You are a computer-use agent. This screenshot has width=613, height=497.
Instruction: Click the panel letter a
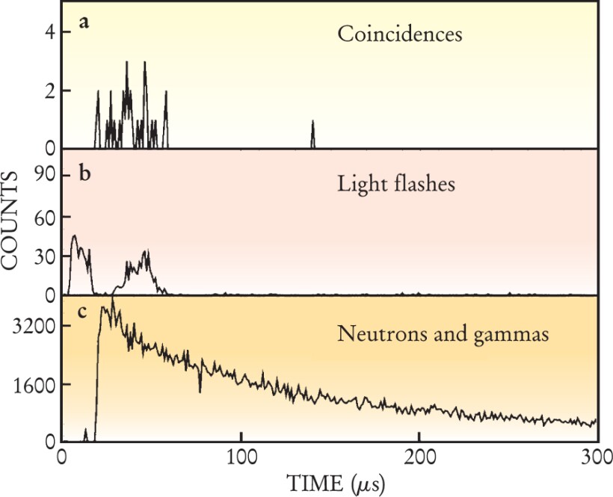(84, 22)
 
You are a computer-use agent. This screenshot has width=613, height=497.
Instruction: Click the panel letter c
(84, 315)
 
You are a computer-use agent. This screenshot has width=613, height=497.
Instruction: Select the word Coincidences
(400, 34)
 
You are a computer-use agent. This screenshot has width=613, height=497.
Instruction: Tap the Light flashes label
(396, 183)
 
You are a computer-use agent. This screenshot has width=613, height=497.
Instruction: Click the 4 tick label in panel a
(49, 33)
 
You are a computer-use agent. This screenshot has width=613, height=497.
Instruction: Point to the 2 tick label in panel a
(49, 91)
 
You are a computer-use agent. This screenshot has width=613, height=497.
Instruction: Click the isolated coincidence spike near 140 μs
(312, 132)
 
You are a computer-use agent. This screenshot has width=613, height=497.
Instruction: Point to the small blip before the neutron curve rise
(85, 435)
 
